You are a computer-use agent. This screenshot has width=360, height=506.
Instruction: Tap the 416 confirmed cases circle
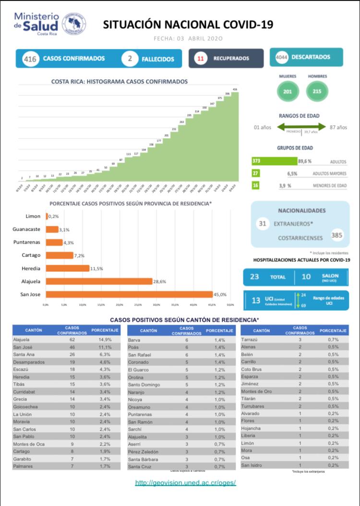[30, 59]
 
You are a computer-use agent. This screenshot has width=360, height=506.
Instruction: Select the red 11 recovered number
[201, 59]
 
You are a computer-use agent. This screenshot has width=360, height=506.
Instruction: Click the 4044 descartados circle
[281, 57]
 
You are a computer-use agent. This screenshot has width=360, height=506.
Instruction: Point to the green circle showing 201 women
[288, 92]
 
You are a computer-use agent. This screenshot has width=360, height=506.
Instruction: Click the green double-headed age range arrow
[301, 127]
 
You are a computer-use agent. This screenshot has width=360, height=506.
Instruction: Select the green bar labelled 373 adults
[274, 161]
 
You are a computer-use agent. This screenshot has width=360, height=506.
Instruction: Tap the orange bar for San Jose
[129, 294]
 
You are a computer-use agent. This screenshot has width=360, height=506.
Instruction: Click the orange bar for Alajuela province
[99, 282]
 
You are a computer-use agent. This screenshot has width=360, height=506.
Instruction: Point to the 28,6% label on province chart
[160, 282]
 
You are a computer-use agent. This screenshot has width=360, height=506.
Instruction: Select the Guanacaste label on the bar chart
[26, 229]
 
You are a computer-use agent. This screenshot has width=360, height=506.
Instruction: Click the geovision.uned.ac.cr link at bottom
[185, 482]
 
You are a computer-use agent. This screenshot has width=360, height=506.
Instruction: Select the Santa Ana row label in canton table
[23, 354]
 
